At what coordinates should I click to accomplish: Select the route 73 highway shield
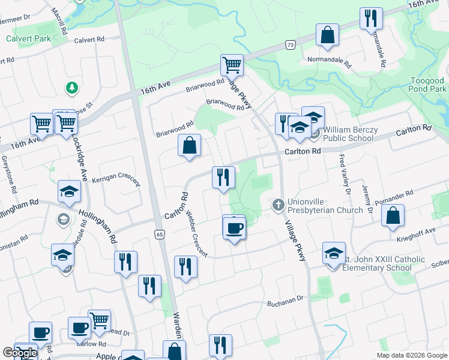click(291, 45)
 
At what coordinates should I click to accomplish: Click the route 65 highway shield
click(159, 233)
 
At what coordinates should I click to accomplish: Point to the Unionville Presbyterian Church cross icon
click(278, 205)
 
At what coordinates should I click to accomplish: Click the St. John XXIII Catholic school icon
click(334, 253)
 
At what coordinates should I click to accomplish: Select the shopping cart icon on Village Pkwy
click(232, 64)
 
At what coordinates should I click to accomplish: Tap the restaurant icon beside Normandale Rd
click(372, 19)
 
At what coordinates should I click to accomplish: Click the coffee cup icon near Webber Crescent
click(234, 228)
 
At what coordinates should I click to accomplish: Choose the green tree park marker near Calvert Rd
click(71, 88)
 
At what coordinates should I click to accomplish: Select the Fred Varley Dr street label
click(345, 174)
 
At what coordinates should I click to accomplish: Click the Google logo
click(20, 353)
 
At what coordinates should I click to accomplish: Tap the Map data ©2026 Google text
click(411, 355)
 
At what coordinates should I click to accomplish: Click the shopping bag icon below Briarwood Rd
click(190, 146)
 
